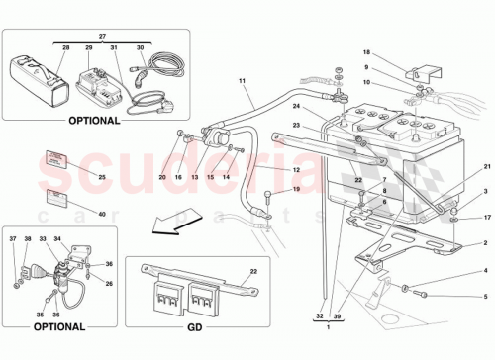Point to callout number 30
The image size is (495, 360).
pyautogui.click(x=142, y=48)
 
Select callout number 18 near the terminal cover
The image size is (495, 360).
pyautogui.click(x=366, y=51)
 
